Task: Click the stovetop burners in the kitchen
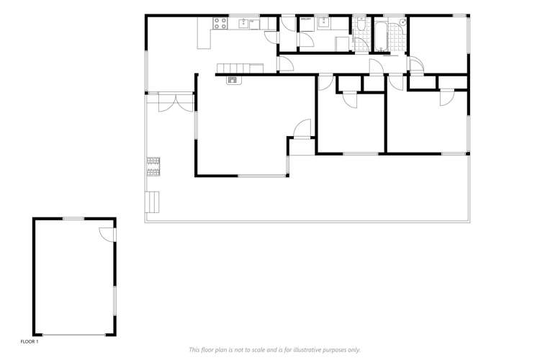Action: pos(220,24)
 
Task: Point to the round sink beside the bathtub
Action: pos(402,22)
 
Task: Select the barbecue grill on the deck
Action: pos(153,166)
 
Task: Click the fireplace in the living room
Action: pos(233,79)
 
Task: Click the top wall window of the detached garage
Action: pos(73,218)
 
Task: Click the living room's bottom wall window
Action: pos(261,176)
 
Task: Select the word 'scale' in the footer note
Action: pos(262,349)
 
